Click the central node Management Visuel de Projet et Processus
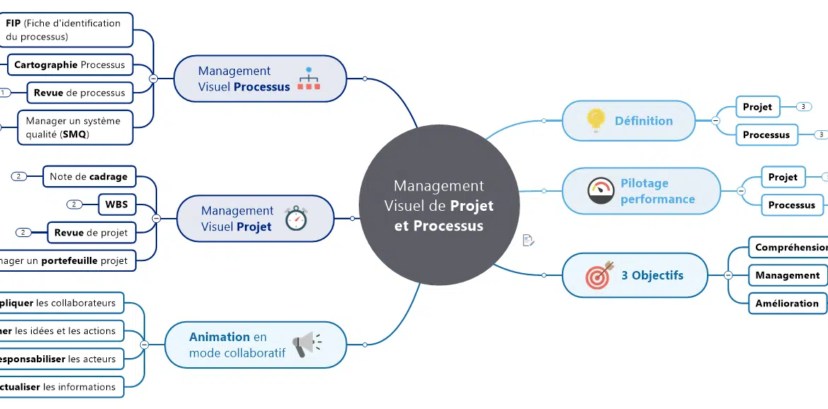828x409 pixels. click(439, 205)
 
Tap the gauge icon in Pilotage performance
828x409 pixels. click(601, 191)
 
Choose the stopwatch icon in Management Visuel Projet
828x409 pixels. click(295, 219)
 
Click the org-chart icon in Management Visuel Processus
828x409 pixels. click(309, 79)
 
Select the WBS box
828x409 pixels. click(117, 204)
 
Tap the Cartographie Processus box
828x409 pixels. click(70, 64)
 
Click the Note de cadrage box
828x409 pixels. click(89, 177)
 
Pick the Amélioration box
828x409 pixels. click(786, 303)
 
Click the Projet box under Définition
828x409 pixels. click(757, 107)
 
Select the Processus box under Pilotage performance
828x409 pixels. click(791, 205)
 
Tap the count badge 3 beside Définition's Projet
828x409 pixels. click(803, 107)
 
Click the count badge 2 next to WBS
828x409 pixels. click(74, 204)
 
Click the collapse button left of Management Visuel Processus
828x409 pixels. click(154, 79)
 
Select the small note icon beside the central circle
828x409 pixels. click(528, 241)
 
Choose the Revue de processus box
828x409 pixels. click(79, 93)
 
